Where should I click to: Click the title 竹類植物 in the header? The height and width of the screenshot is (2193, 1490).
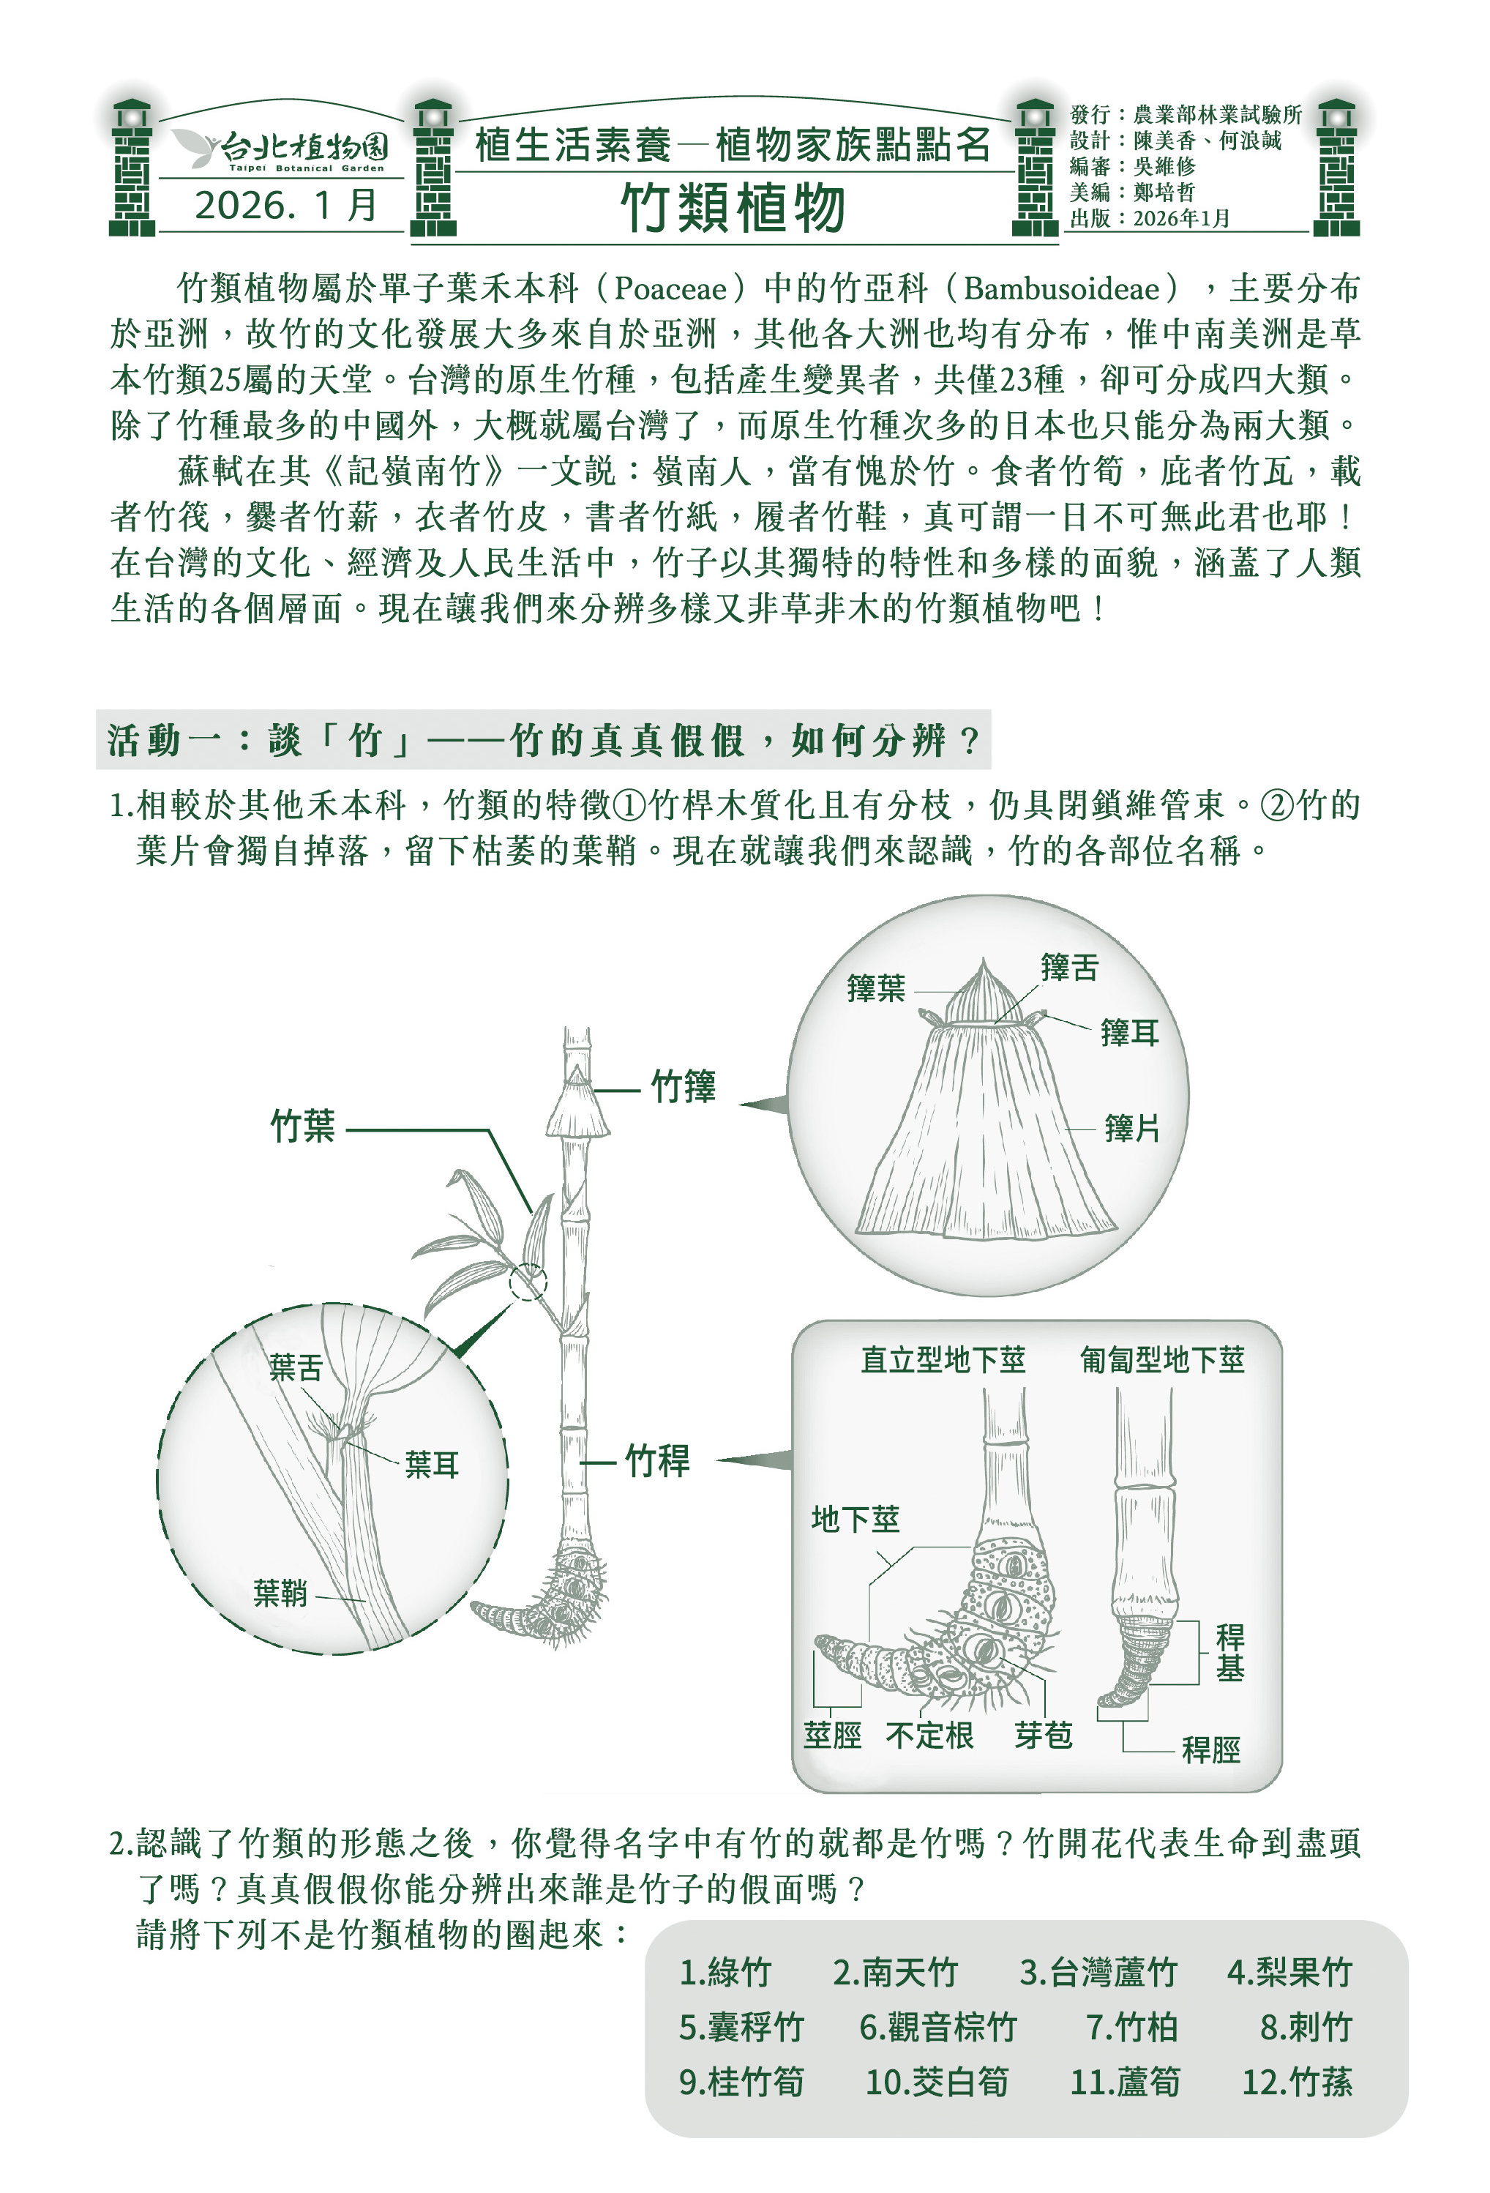733,208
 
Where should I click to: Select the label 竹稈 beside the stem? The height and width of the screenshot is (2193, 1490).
658,1462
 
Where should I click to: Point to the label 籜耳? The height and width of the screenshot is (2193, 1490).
1129,1032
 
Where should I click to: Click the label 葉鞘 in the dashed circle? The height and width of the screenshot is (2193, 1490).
280,1593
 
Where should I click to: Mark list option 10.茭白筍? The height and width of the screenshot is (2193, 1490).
937,2082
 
